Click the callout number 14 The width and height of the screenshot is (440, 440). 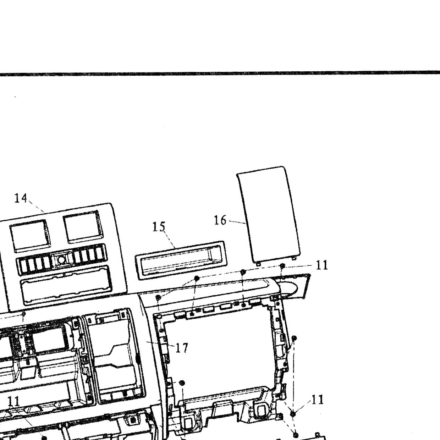click(21, 198)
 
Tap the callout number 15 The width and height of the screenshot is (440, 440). click(159, 227)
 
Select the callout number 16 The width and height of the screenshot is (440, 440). click(220, 220)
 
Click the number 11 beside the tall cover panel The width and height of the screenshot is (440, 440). click(322, 265)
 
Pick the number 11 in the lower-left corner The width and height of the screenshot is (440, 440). click(14, 402)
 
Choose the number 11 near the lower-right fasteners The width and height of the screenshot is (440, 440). click(317, 400)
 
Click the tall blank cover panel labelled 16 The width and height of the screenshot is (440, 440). click(269, 215)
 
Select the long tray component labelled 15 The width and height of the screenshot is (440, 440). click(181, 260)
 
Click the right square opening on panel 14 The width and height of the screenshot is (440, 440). click(83, 227)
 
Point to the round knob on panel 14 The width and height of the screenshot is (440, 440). click(61, 260)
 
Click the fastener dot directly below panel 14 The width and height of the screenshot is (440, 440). click(23, 314)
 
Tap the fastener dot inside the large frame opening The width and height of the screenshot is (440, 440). click(182, 383)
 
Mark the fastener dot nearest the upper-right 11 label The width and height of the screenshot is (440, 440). click(282, 265)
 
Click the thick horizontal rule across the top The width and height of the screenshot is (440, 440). click(220, 73)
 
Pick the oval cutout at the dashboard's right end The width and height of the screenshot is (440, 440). click(289, 288)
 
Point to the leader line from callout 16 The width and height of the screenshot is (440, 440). click(237, 222)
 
